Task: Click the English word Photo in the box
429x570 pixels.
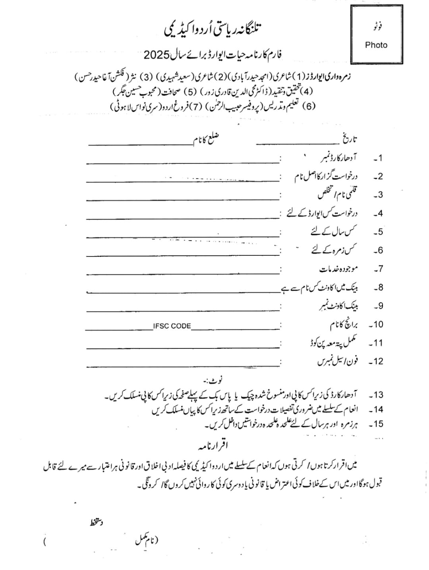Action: click(x=376, y=45)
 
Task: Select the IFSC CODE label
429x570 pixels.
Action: click(x=172, y=326)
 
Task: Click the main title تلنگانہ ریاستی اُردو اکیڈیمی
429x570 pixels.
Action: click(x=213, y=29)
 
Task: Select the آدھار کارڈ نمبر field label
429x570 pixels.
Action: click(x=339, y=158)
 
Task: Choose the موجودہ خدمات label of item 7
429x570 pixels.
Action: click(x=338, y=269)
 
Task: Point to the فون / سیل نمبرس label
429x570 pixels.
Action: click(x=337, y=362)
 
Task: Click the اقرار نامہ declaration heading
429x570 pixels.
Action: click(x=213, y=445)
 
